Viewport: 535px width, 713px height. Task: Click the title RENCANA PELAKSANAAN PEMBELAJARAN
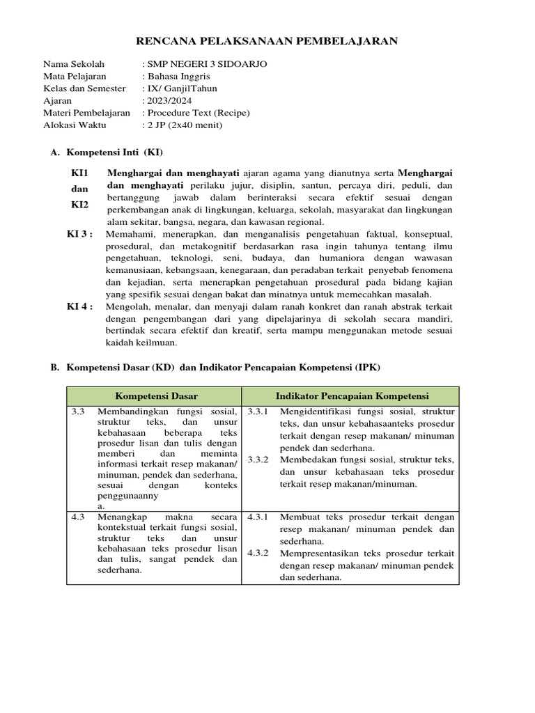tap(267, 41)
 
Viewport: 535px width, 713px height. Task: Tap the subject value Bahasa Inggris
tap(178, 76)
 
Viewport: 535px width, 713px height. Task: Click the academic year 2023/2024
tap(167, 100)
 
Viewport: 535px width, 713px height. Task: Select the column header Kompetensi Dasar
tap(156, 395)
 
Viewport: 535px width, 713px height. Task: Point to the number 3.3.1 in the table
tap(257, 412)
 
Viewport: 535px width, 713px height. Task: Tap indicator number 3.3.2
tap(257, 460)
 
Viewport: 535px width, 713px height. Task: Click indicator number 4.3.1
tap(257, 517)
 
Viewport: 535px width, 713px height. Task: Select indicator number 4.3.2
tap(257, 554)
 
